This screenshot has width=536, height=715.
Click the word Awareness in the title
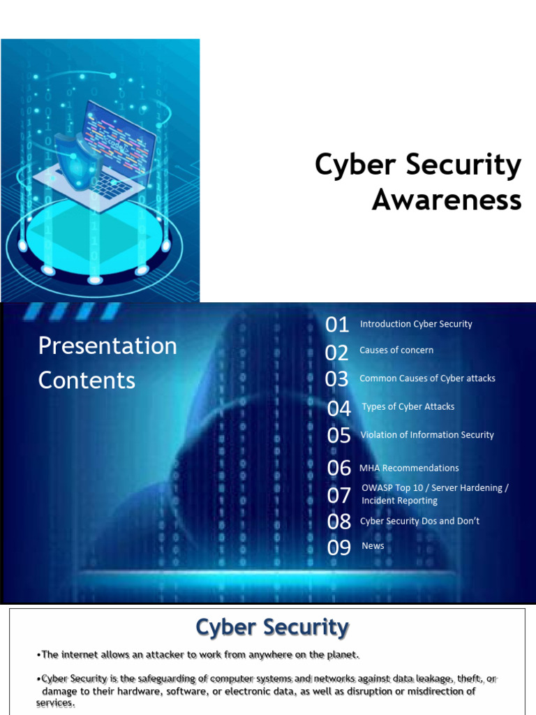point(447,200)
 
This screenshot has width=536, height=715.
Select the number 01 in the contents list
point(337,325)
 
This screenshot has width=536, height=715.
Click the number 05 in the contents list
point(338,436)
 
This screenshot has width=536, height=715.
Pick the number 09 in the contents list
point(338,547)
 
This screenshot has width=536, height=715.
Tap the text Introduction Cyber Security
point(416,324)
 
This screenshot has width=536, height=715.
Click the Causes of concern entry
point(396,350)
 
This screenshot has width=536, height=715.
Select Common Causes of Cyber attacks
point(427,378)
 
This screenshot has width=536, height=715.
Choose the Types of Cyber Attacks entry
point(408,406)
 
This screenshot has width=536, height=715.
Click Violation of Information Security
point(426,435)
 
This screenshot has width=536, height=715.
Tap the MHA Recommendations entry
point(409,468)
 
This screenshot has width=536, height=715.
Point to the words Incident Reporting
point(399,501)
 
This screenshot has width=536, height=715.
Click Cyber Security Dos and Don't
point(419,521)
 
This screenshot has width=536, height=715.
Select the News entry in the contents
point(373,546)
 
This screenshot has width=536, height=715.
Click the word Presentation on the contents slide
point(107,346)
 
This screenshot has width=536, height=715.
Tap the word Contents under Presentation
point(87,380)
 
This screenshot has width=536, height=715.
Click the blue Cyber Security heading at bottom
point(271,627)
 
